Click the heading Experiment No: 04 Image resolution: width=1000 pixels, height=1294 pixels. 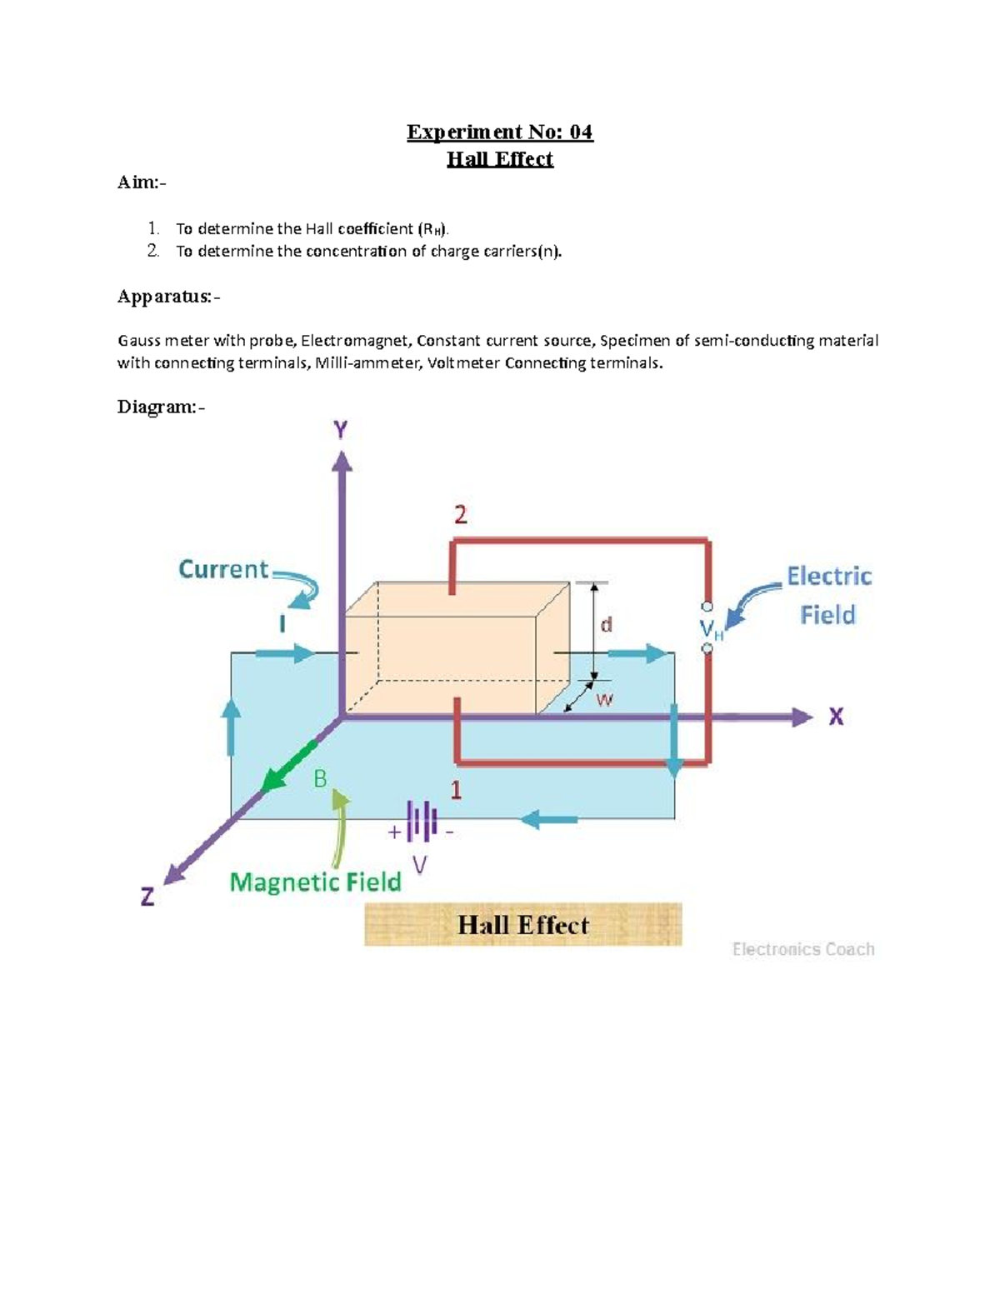(x=500, y=132)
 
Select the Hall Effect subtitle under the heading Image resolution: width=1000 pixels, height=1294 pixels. (x=500, y=158)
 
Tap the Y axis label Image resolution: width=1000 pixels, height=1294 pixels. (x=341, y=430)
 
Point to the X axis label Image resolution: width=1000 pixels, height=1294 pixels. (x=836, y=717)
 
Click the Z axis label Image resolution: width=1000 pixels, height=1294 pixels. (x=147, y=897)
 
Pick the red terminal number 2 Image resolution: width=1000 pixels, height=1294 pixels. (x=460, y=515)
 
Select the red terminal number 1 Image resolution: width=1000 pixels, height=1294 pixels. (x=456, y=790)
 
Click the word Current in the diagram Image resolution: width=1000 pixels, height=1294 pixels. (x=223, y=569)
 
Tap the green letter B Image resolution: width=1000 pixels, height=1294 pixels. (x=320, y=779)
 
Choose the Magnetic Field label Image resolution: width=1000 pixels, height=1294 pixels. (x=315, y=882)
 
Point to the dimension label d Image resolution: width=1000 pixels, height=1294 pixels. (x=607, y=624)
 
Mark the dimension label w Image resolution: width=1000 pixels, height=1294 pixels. (x=604, y=700)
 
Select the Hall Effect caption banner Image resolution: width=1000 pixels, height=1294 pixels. (x=523, y=925)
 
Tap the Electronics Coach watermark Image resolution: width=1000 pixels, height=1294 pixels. (x=803, y=949)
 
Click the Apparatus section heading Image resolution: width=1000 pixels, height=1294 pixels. (x=168, y=297)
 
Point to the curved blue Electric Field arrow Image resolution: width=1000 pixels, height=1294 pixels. (x=750, y=602)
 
